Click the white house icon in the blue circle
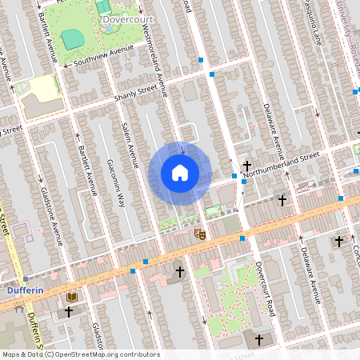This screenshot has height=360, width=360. (x=180, y=172)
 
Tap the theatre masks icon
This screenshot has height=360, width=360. (x=200, y=234)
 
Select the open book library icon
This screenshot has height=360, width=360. (x=72, y=298)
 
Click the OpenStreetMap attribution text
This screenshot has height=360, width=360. (x=80, y=354)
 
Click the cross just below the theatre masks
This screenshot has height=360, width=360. (x=180, y=273)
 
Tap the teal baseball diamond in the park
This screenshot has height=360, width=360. (x=72, y=38)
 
